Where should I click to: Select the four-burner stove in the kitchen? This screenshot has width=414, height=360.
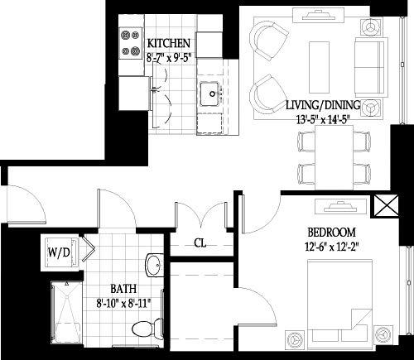pos(130,44)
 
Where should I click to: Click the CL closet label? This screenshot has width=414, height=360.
pos(199,243)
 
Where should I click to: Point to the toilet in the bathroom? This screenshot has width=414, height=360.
pos(144,329)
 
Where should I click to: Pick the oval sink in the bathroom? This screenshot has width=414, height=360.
pos(152,265)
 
